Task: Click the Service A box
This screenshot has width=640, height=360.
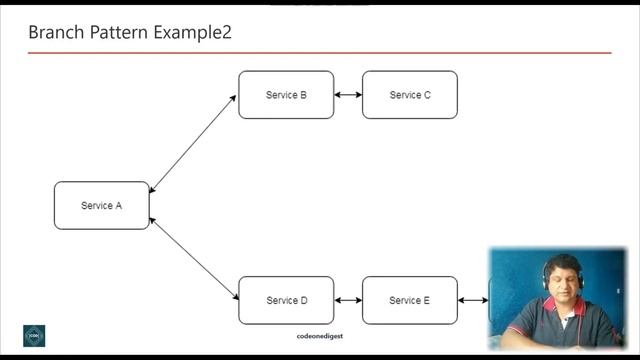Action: [x=101, y=205]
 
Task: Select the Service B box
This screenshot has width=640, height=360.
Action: [x=286, y=95]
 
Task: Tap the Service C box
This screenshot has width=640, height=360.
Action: [x=410, y=95]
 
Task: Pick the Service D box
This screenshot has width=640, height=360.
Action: [x=286, y=300]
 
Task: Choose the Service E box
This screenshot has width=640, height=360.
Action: [x=410, y=300]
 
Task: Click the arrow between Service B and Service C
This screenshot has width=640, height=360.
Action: [x=348, y=95]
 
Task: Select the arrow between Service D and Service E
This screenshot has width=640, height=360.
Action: [x=348, y=300]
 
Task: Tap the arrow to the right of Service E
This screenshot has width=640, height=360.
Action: [x=473, y=300]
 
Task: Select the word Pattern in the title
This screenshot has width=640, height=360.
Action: [x=119, y=32]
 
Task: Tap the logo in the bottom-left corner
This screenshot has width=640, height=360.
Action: [x=34, y=335]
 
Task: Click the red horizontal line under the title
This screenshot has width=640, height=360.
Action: [x=320, y=53]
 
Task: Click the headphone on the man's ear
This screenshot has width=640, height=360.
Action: [x=546, y=280]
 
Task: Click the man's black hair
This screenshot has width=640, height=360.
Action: [x=561, y=262]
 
